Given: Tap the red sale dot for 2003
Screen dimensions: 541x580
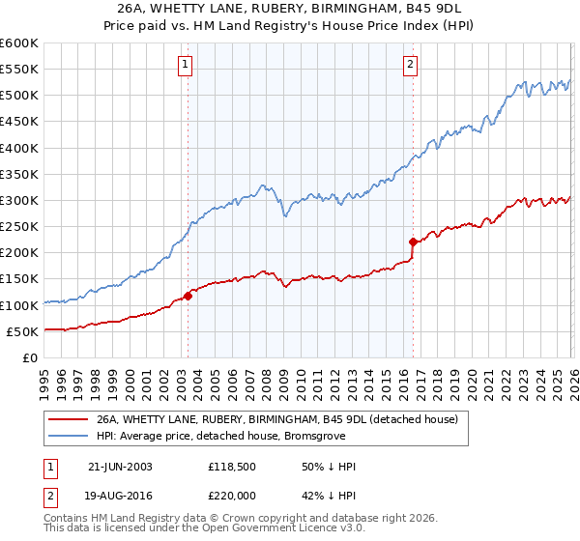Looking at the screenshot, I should tap(188, 296).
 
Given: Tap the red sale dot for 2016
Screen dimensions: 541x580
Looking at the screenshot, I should tap(413, 242).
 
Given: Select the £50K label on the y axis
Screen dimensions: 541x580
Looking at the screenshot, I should tap(21, 331).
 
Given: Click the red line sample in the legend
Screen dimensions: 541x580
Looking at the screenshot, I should tap(69, 419).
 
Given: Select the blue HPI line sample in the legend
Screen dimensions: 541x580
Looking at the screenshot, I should tap(69, 436).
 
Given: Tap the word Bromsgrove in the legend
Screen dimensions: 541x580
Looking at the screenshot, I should tap(313, 436).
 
